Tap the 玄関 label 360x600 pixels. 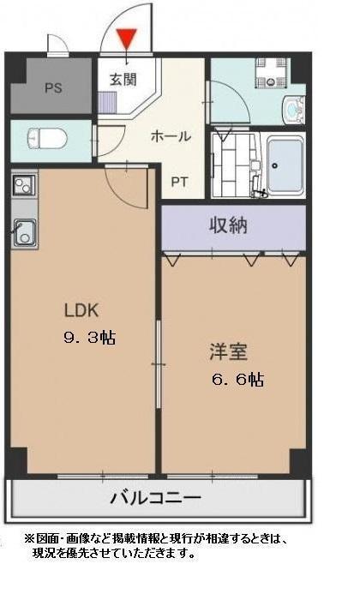pos(123,80)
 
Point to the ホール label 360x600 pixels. pos(171,136)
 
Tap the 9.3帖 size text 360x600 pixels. pos(89,337)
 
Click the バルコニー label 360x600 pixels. pos(155,498)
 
